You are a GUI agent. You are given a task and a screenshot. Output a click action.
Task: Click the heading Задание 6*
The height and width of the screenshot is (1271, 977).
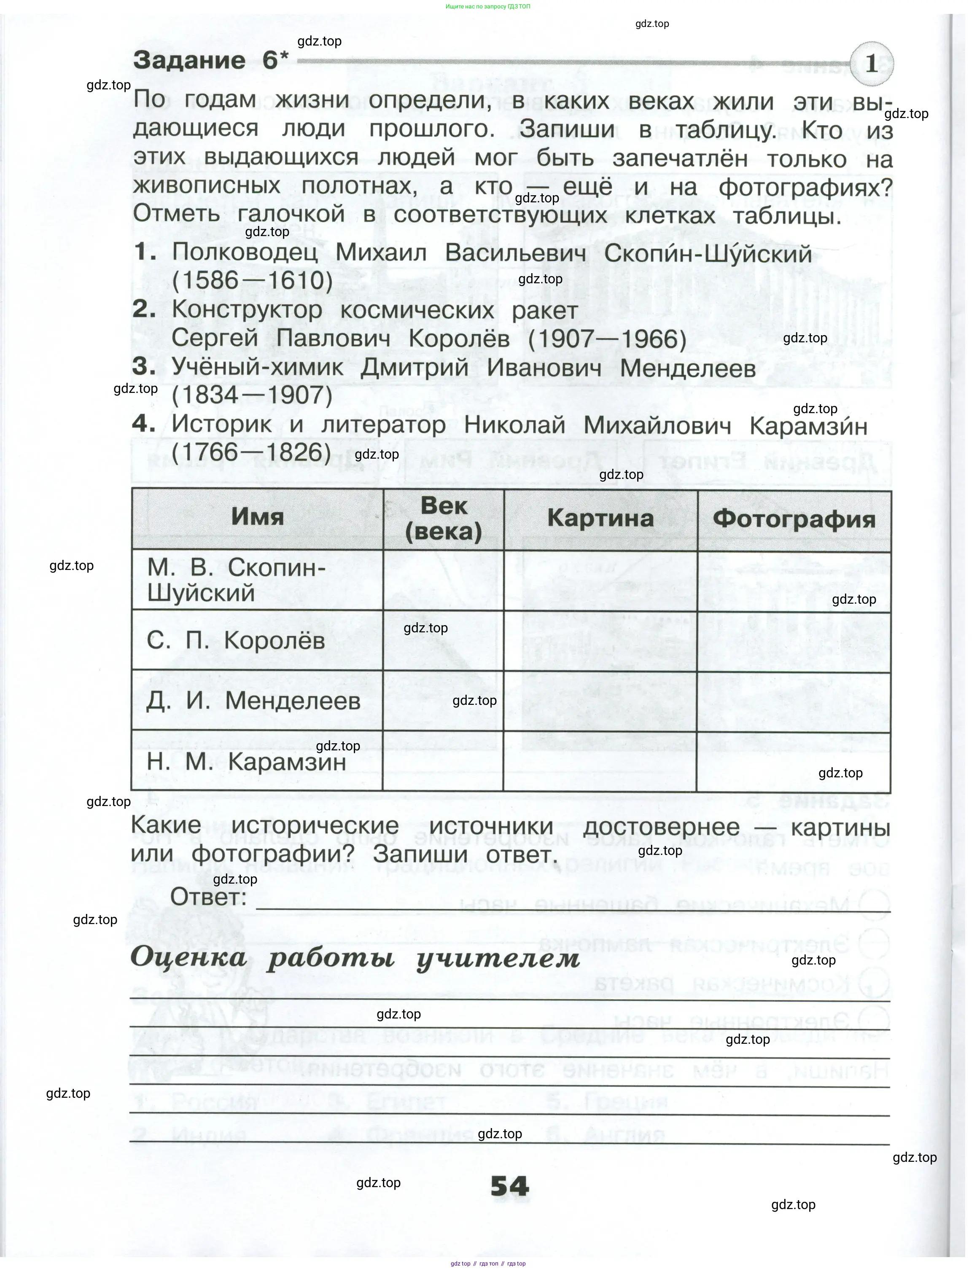point(210,60)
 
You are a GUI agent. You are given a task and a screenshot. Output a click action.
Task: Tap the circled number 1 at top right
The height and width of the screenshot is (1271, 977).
point(871,63)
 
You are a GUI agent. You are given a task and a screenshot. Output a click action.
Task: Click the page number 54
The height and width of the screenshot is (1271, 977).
point(509,1186)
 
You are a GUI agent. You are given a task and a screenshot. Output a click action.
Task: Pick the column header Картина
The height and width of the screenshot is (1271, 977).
point(600,518)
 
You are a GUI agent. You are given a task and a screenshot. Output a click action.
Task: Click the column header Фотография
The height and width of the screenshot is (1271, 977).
point(794,519)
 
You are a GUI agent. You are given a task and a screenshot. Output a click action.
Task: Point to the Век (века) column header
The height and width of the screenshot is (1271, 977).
point(443,518)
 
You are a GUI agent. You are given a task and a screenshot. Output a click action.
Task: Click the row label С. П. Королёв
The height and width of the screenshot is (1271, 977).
point(236,640)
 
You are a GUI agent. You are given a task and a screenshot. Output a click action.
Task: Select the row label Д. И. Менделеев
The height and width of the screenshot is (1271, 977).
point(253,701)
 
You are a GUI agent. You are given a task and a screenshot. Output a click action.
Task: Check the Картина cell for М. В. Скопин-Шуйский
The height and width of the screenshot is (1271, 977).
point(600,580)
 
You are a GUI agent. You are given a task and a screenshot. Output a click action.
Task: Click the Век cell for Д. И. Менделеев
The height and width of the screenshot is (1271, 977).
point(443,701)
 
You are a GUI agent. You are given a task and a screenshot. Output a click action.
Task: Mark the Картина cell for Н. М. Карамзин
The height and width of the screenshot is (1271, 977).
point(600,762)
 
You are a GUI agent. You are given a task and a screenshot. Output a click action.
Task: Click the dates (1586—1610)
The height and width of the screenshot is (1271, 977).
point(253,281)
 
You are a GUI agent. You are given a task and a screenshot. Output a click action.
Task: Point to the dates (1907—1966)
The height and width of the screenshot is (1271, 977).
point(607,339)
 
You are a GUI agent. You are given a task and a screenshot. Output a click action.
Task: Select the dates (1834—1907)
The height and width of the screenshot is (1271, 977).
point(253,395)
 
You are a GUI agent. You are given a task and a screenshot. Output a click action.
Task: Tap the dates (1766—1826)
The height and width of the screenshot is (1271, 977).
point(251,452)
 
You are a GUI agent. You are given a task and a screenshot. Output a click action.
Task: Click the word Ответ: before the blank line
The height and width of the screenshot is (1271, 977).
point(208,897)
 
